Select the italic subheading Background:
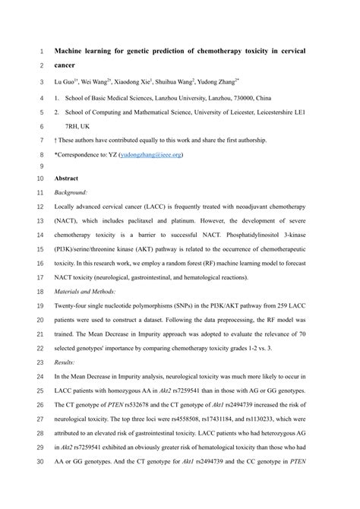coord(71,193)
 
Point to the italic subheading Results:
coord(65,365)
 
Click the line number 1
coord(40,52)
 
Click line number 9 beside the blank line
coord(40,166)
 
